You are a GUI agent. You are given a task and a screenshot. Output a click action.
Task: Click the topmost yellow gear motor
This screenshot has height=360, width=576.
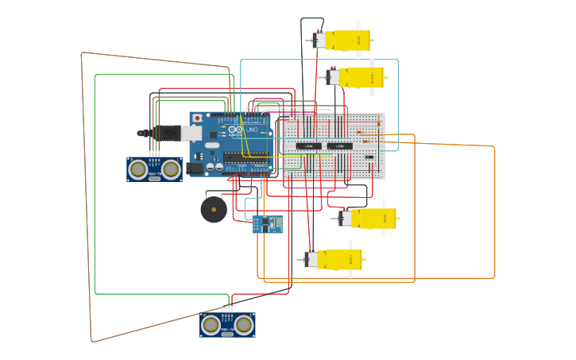[x=350, y=40]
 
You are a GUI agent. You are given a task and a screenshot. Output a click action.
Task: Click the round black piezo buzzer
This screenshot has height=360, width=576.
[x=214, y=210]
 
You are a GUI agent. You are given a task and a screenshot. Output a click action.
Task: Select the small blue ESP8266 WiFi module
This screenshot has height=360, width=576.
[x=267, y=224]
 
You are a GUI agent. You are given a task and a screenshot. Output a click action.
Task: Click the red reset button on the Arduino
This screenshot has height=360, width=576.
[x=197, y=118]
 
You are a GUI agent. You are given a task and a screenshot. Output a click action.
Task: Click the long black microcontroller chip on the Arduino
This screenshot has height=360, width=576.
[x=245, y=157]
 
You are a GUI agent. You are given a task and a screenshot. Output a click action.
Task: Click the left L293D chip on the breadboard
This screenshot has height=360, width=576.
[x=309, y=146]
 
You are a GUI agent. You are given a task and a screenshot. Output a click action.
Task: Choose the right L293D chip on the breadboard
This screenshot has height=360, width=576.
[x=340, y=146]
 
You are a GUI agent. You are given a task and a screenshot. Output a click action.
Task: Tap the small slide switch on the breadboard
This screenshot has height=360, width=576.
[x=369, y=157]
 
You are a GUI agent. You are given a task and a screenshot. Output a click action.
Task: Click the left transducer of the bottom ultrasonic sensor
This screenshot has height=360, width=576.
[x=211, y=324]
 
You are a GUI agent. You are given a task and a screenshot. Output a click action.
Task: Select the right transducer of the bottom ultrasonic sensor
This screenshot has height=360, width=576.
[x=244, y=324]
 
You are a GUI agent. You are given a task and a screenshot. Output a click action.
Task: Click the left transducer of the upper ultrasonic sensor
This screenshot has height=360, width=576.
[x=138, y=168]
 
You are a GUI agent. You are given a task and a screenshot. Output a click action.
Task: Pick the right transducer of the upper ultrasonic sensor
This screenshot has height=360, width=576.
[x=171, y=168]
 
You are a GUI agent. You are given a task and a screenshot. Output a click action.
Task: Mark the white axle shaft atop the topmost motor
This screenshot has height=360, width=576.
[x=358, y=25]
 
